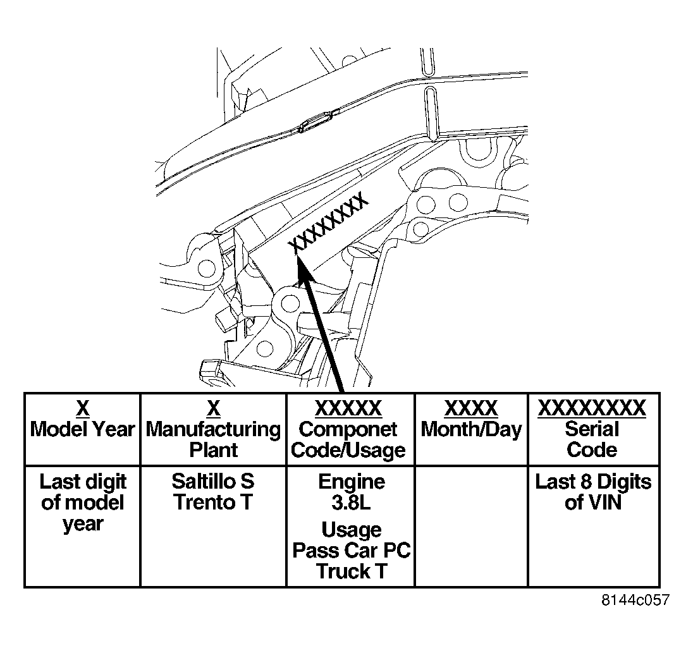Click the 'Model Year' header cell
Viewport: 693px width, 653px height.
[x=83, y=429]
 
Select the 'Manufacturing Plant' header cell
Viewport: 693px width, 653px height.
[x=214, y=429]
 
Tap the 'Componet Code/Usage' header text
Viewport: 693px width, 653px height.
[x=348, y=439]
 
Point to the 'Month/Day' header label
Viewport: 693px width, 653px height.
[x=471, y=429]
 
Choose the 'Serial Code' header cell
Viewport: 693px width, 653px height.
[x=594, y=429]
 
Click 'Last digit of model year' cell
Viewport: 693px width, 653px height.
[x=83, y=527]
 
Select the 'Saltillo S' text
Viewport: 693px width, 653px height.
[x=213, y=481]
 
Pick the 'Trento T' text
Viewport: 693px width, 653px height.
[x=213, y=502]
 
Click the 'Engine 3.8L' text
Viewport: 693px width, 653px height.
[x=352, y=492]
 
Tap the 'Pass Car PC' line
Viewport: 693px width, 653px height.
[x=352, y=550]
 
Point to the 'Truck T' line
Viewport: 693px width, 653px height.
[x=352, y=571]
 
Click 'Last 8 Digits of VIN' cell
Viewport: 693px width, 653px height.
[x=594, y=527]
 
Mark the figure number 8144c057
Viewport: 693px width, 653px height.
[x=635, y=600]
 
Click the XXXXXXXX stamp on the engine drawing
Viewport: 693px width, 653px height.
[x=328, y=223]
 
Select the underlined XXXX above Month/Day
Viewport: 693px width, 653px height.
[x=471, y=408]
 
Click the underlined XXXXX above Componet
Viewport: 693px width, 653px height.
[x=348, y=408]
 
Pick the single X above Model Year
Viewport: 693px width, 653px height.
[x=83, y=408]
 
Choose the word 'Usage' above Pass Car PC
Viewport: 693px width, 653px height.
[x=352, y=530]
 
